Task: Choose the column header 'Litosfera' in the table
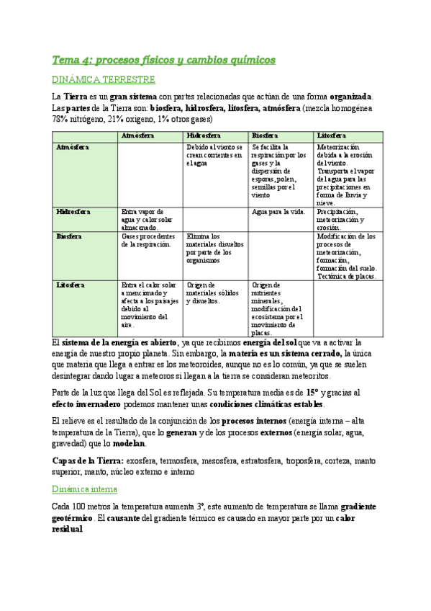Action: pyautogui.click(x=331, y=135)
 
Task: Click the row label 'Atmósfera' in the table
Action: pyautogui.click(x=73, y=147)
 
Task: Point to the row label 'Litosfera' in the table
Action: pyautogui.click(x=71, y=285)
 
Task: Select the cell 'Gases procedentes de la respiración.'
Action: pyautogui.click(x=148, y=240)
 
